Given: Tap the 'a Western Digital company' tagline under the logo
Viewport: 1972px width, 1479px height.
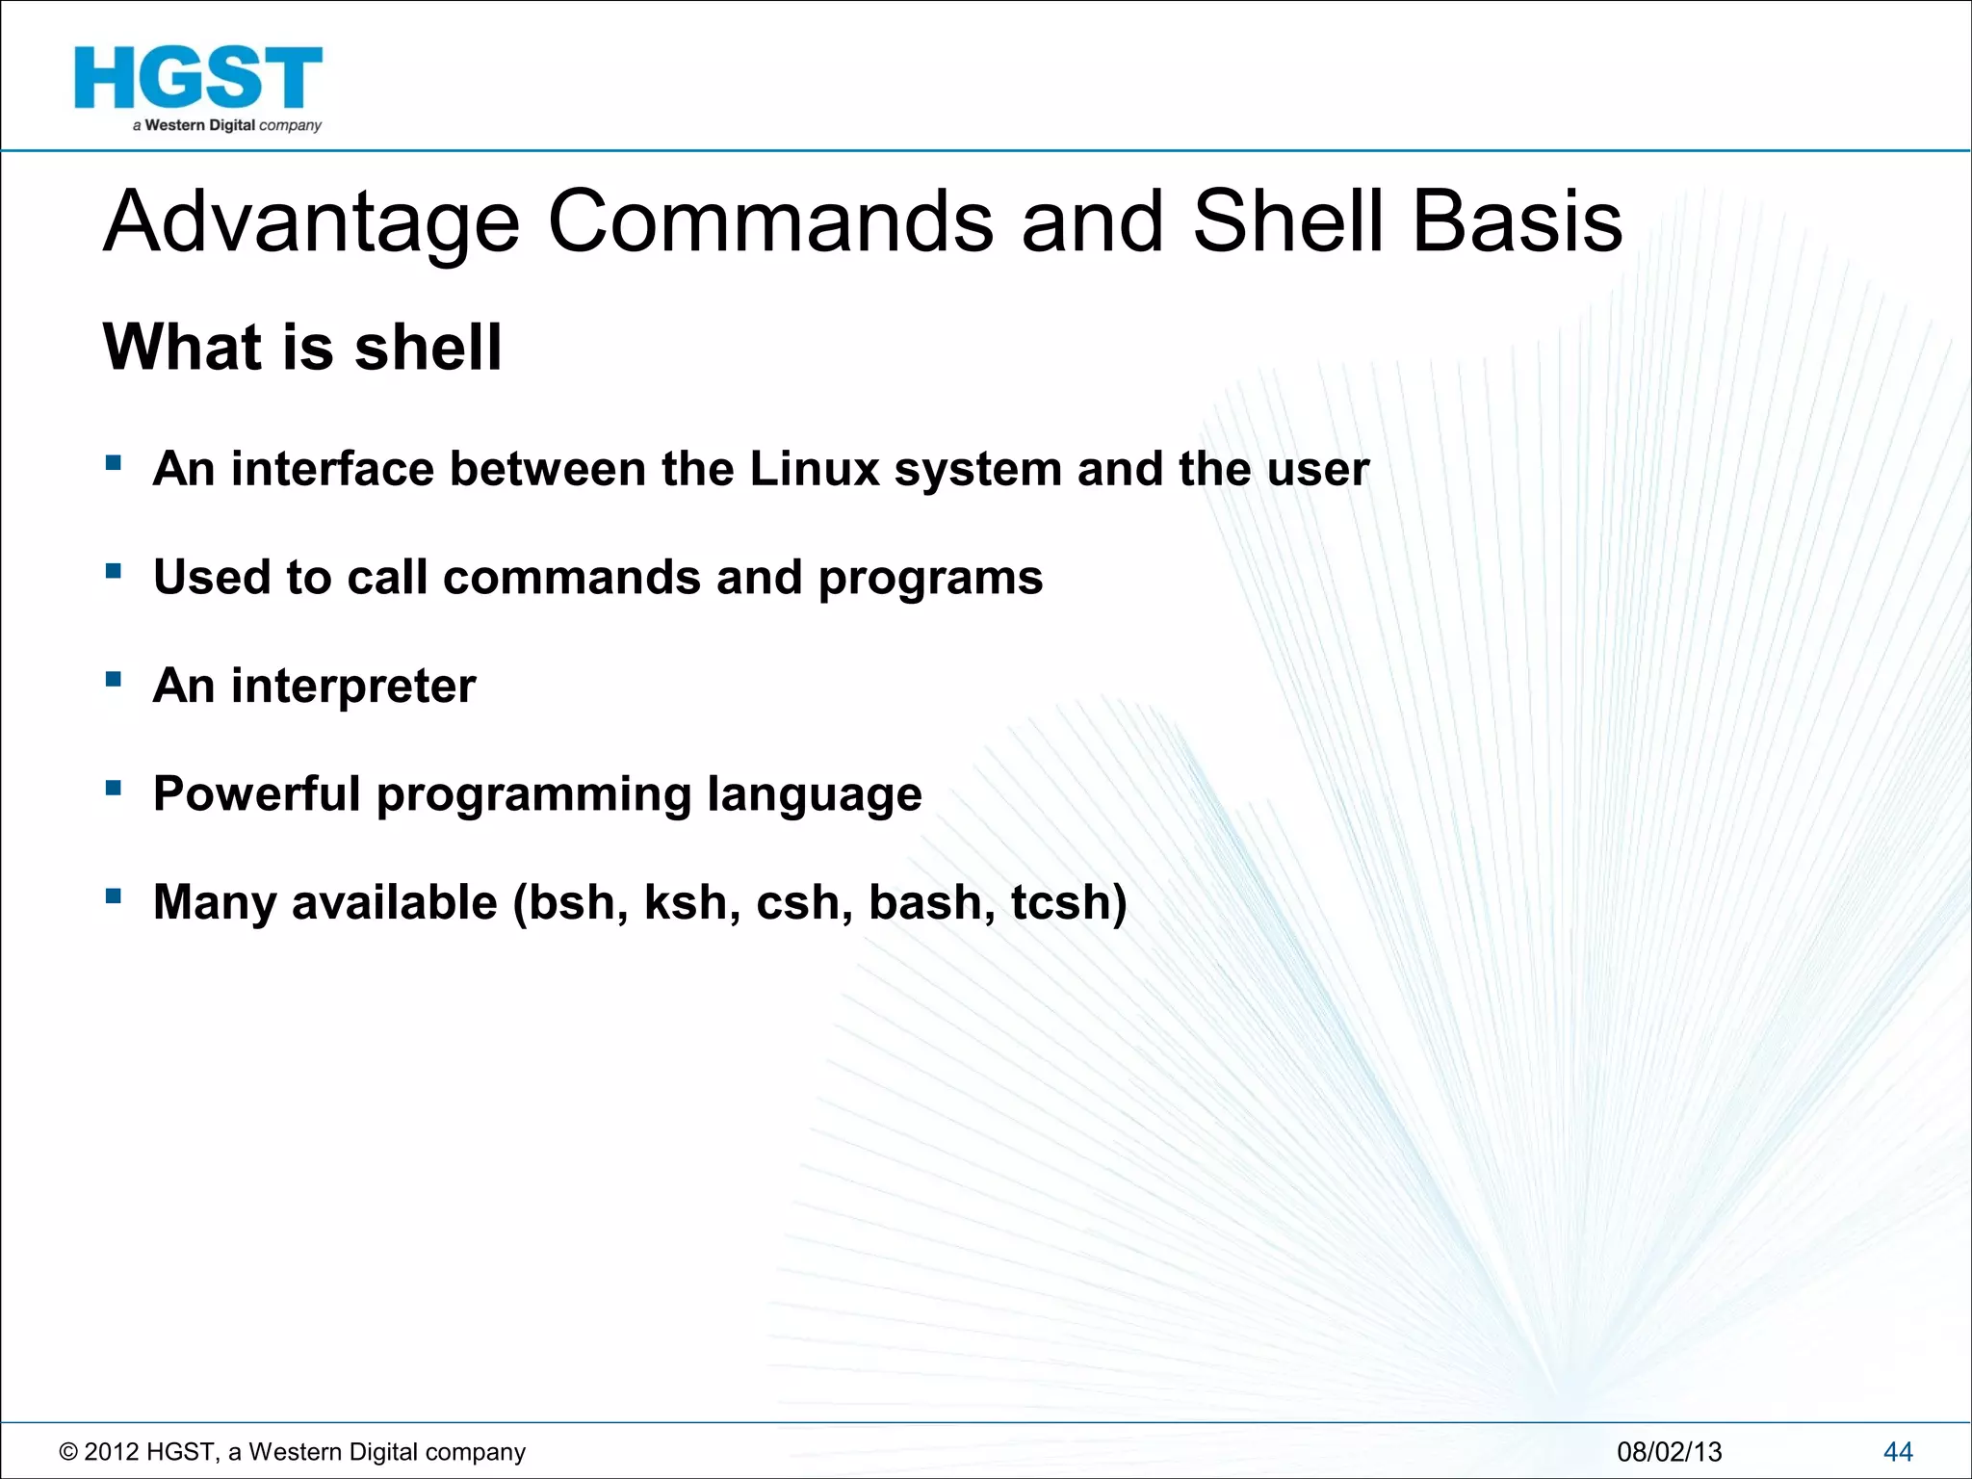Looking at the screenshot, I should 227,126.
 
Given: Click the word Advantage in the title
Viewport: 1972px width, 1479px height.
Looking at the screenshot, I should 311,222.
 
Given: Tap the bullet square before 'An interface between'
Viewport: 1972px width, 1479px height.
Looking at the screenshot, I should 114,463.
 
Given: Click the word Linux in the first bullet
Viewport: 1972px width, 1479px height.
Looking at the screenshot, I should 815,469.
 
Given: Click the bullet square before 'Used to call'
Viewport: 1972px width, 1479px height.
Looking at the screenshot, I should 114,571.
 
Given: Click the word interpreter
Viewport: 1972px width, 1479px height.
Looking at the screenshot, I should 353,688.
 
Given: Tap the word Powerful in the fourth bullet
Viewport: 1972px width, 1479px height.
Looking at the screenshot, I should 256,794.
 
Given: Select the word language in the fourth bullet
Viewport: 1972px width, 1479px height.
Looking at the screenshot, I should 814,796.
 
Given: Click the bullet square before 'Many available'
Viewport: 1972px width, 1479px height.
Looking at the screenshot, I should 114,896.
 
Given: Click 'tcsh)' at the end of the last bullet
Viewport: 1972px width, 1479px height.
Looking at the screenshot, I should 1068,903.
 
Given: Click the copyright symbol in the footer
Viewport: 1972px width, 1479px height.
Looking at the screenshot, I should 68,1452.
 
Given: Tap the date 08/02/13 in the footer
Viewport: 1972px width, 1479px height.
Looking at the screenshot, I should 1669,1452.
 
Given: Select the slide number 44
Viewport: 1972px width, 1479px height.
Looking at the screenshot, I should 1897,1452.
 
